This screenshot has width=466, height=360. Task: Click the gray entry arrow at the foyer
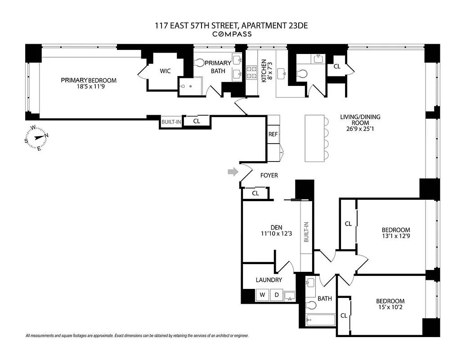pos(232,171)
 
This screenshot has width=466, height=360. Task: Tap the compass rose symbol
pos(36,138)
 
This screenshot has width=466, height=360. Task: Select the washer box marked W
pos(262,295)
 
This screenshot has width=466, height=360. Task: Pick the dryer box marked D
pos(277,295)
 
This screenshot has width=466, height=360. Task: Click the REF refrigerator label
pos(273,135)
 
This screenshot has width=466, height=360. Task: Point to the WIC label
pos(165,71)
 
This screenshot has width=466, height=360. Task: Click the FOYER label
pos(269,175)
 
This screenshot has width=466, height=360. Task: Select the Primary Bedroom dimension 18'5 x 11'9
pos(89,87)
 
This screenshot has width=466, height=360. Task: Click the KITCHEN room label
pos(264,70)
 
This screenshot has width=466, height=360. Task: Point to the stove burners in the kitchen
pos(251,74)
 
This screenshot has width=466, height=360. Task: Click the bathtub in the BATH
pos(321,321)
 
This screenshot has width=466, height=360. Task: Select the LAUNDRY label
pos(269,280)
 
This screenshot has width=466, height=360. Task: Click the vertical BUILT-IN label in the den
pos(306,232)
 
